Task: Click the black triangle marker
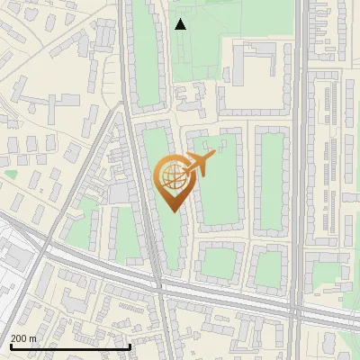click(x=181, y=24)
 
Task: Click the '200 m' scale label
click(x=23, y=338)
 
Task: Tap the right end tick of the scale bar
click(x=130, y=346)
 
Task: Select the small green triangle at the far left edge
click(x=11, y=173)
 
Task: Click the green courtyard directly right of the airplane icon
click(x=221, y=180)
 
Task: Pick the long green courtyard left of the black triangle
click(x=144, y=54)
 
